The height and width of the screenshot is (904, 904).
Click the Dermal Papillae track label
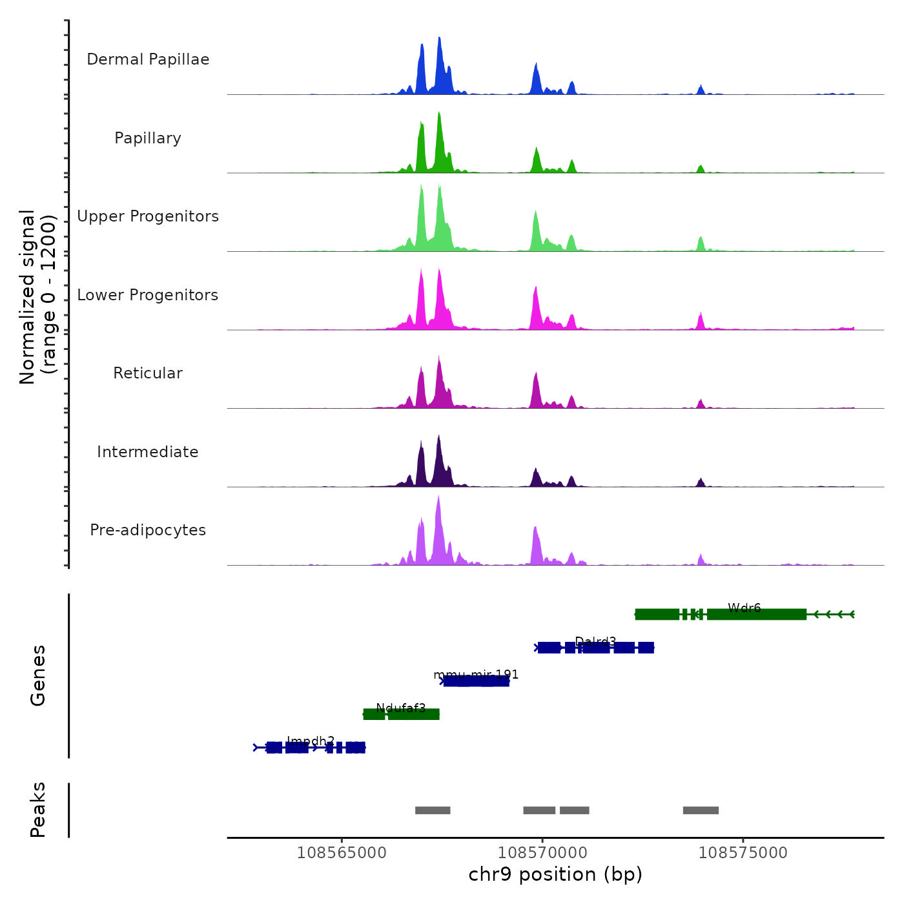tap(148, 59)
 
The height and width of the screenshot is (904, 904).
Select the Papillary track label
tap(148, 138)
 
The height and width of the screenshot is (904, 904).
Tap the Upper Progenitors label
tap(148, 216)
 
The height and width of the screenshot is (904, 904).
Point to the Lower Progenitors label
tap(148, 295)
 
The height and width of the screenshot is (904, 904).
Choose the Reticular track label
tap(148, 373)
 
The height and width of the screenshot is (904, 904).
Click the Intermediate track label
tap(148, 452)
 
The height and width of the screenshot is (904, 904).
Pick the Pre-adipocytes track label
tap(148, 530)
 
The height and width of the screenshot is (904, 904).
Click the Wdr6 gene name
tap(744, 608)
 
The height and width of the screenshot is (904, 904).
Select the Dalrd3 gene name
tap(595, 641)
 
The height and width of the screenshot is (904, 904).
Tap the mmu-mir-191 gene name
tap(476, 675)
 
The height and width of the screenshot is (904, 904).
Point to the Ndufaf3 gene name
tap(400, 708)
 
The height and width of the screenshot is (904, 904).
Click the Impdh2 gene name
tap(311, 741)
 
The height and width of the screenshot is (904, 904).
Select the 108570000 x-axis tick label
tap(542, 853)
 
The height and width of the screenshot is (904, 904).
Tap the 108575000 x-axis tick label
tap(743, 853)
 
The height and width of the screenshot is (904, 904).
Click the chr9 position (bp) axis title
tap(555, 874)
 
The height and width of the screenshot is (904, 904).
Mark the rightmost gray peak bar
tap(701, 810)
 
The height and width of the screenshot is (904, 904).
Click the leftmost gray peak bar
tap(433, 810)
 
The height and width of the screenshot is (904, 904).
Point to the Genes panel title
tap(38, 675)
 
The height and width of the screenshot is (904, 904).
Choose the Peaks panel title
tap(38, 810)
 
